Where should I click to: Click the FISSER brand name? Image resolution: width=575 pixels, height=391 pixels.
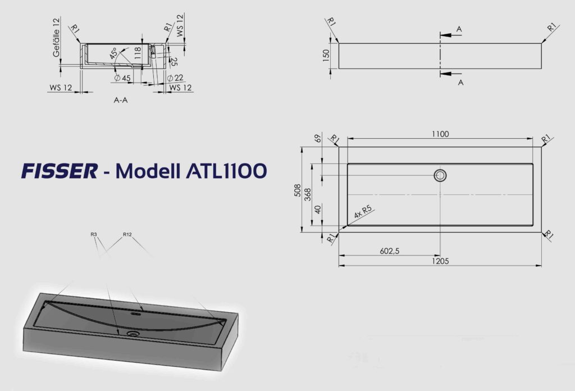point(60,171)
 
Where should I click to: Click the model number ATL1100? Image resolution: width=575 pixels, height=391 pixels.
point(226,171)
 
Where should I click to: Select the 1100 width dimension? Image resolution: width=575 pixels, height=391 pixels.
point(440,134)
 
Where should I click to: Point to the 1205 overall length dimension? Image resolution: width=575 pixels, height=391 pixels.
point(440,261)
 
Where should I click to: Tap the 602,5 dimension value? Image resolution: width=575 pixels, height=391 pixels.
point(390,251)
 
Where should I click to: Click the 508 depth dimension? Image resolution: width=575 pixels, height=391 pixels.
point(298,190)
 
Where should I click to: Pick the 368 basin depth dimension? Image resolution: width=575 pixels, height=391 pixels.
point(308,194)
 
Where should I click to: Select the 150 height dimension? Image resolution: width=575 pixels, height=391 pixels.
point(326,56)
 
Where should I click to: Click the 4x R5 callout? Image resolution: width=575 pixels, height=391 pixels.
point(363,212)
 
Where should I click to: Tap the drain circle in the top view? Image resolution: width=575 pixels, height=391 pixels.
point(440,176)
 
